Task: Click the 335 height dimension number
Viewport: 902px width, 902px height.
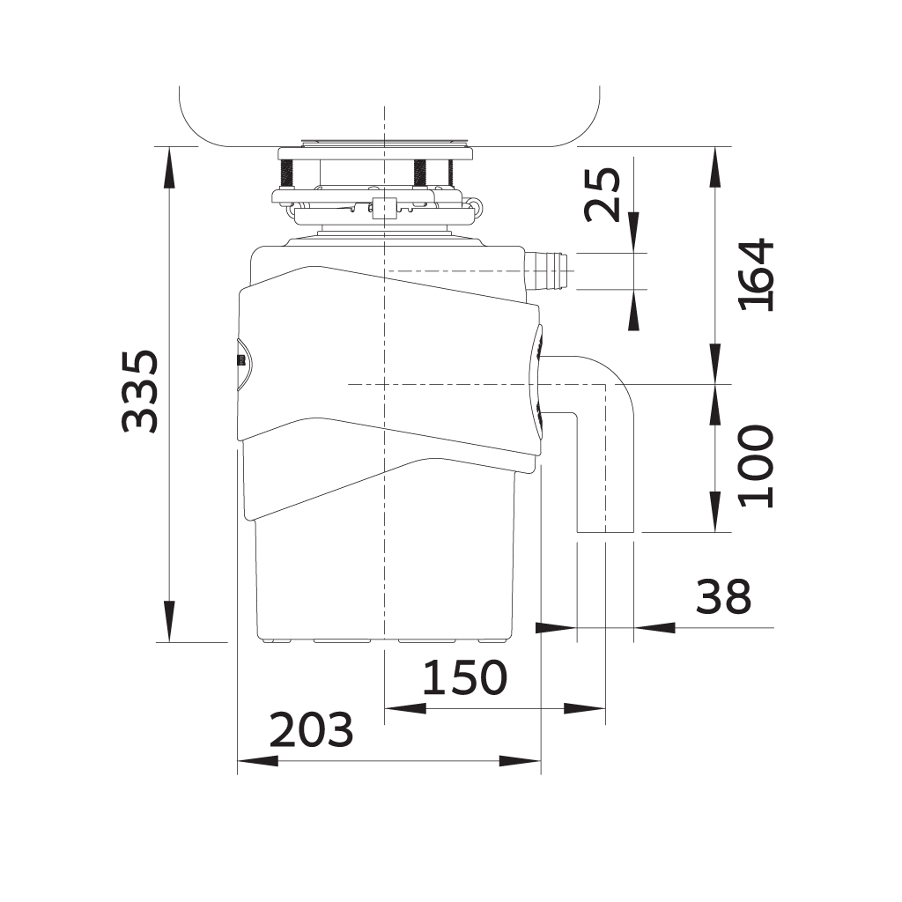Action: [140, 390]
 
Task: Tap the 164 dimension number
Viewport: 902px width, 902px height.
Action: [757, 275]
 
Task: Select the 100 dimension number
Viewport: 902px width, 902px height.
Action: [757, 466]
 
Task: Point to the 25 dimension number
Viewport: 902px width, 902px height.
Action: [603, 195]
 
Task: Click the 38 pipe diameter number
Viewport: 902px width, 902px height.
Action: [723, 596]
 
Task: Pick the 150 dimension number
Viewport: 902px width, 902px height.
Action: [465, 677]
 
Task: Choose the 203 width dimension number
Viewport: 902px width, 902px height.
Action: [311, 728]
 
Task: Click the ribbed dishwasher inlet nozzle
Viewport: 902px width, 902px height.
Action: [545, 270]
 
